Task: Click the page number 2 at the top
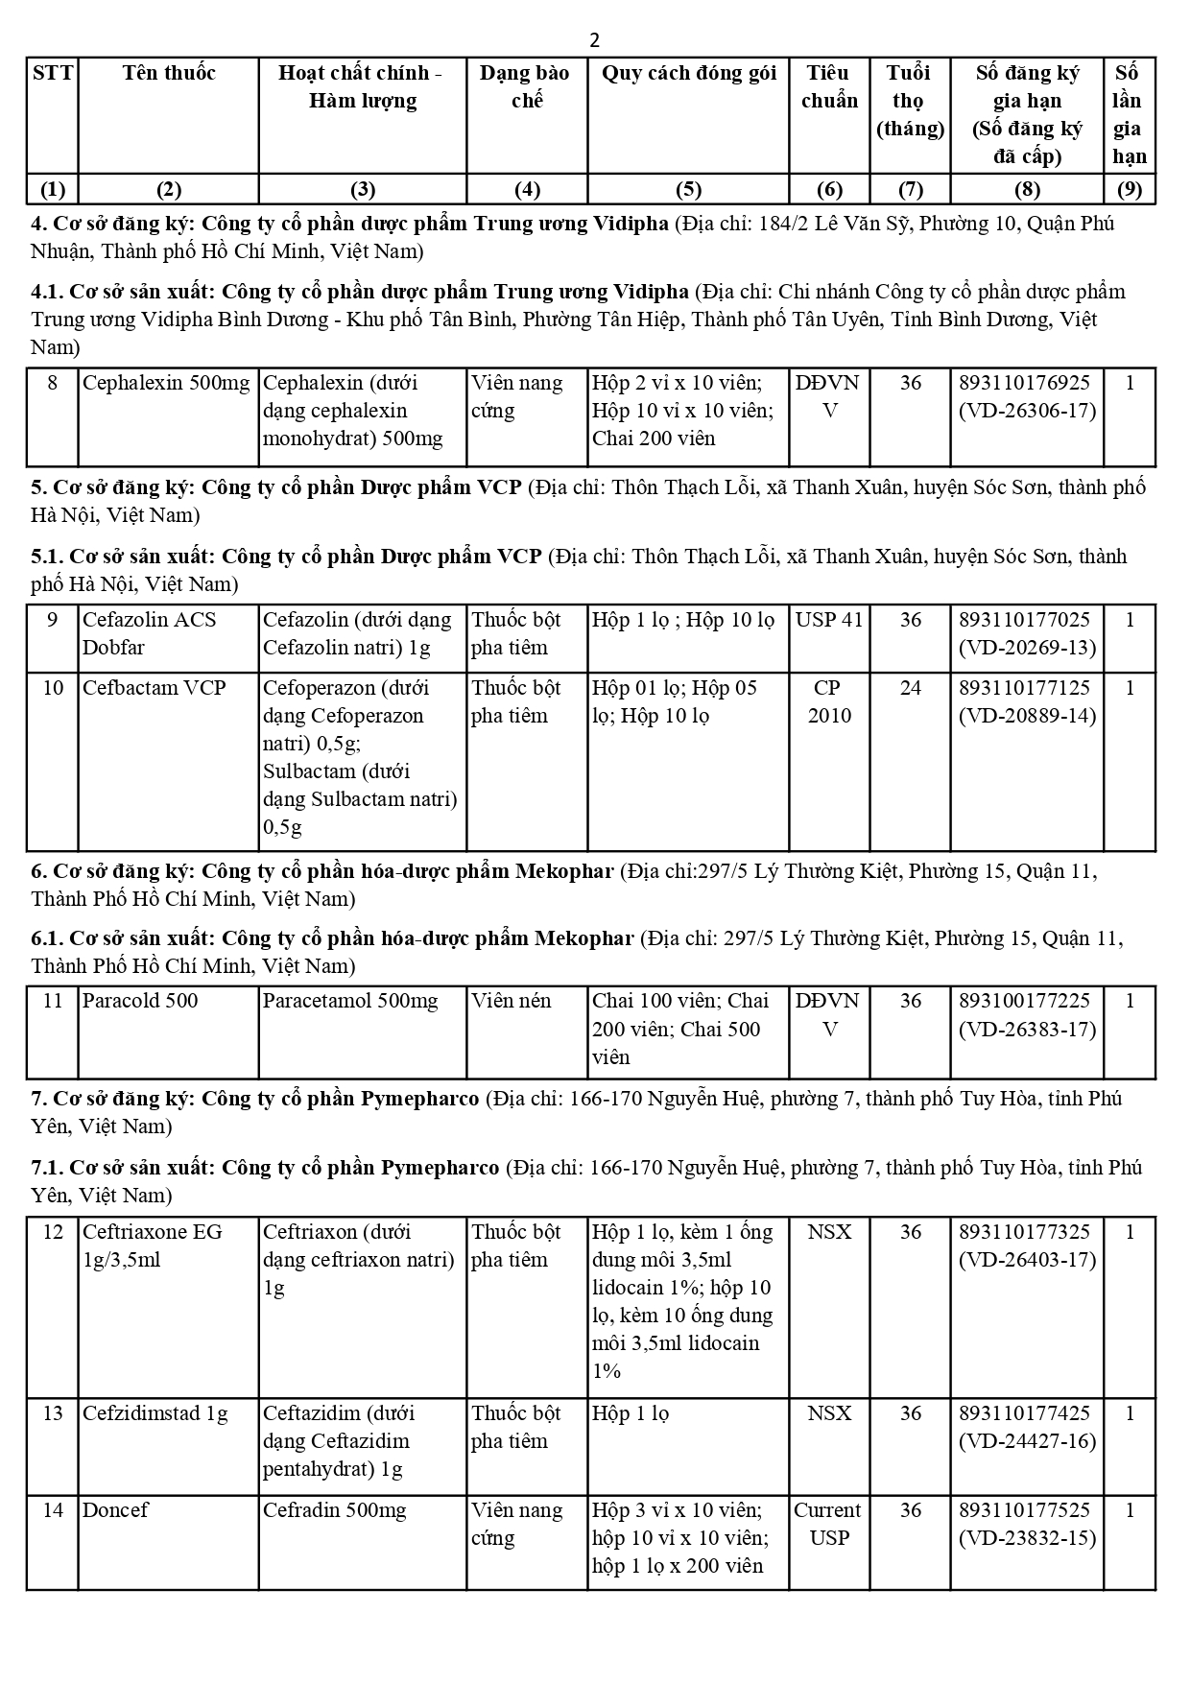pos(595,40)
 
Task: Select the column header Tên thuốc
pos(168,73)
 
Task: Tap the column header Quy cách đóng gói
pos(688,73)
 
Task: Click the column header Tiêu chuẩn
pos(829,86)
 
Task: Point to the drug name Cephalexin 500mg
pos(166,383)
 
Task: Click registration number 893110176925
pos(1024,383)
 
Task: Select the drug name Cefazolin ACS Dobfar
pos(149,633)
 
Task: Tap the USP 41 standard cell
pos(829,620)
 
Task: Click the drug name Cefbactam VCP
pos(154,688)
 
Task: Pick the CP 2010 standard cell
pos(829,701)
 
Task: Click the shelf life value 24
pos(910,688)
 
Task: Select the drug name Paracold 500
pos(140,1001)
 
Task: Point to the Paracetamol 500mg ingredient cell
pos(350,1001)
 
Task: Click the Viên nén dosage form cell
pos(511,1001)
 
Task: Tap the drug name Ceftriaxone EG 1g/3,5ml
pos(152,1245)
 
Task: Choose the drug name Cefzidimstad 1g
pos(155,1413)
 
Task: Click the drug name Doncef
pos(115,1510)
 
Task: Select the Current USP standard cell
pos(829,1524)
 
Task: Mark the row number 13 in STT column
pos(53,1413)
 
